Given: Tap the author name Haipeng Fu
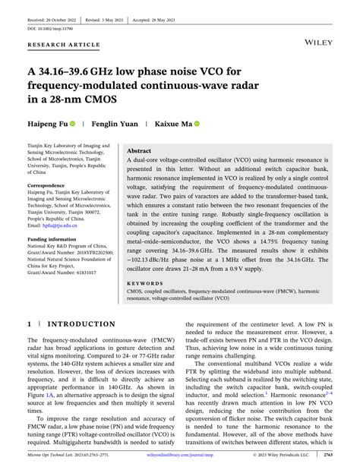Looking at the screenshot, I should click(x=47, y=123).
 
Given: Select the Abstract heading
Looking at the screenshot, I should click(x=140, y=151).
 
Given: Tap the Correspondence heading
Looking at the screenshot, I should click(x=49, y=185).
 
